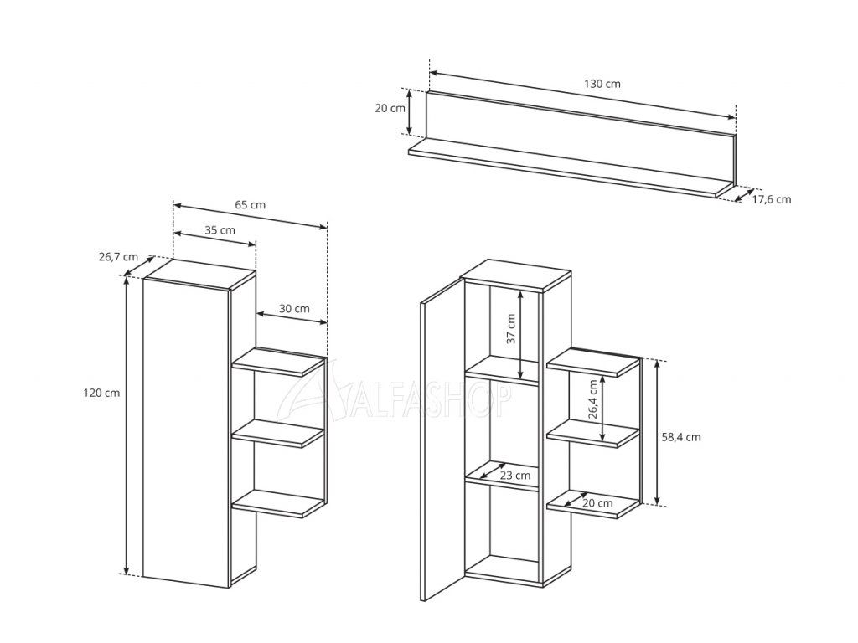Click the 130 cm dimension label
pyautogui.click(x=602, y=85)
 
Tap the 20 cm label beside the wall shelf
pyautogui.click(x=390, y=108)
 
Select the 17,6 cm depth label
pyautogui.click(x=772, y=199)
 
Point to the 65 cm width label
pyautogui.click(x=250, y=205)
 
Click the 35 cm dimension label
pyautogui.click(x=220, y=230)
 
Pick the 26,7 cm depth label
pyautogui.click(x=118, y=256)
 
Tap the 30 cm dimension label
pyautogui.click(x=294, y=308)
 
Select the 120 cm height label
pyautogui.click(x=101, y=393)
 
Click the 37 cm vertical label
pyautogui.click(x=510, y=328)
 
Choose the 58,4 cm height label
pyautogui.click(x=680, y=437)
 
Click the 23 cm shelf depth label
pyautogui.click(x=515, y=476)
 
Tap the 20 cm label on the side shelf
pyautogui.click(x=597, y=503)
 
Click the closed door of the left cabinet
pyautogui.click(x=186, y=433)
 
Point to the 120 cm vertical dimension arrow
pyautogui.click(x=127, y=426)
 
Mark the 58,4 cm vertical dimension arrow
pyautogui.click(x=657, y=432)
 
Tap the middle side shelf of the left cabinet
pyautogui.click(x=279, y=434)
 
